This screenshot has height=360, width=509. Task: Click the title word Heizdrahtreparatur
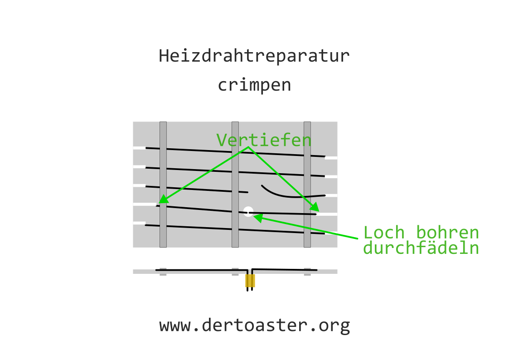[254, 56]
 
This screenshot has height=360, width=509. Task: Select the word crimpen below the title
[254, 85]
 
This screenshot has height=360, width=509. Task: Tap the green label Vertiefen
[264, 140]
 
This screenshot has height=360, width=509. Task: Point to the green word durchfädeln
[421, 248]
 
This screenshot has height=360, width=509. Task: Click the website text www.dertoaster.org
[254, 325]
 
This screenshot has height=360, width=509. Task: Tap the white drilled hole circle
[248, 211]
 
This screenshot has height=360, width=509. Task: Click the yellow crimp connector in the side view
[250, 281]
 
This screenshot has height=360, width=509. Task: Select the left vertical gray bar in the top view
[163, 184]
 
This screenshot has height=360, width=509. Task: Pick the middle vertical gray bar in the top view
[235, 184]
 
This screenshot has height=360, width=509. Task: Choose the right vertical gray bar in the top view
[307, 184]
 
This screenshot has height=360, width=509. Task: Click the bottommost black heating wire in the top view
[204, 228]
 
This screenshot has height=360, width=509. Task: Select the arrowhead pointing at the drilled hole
[257, 218]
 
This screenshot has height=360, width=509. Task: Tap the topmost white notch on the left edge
[139, 148]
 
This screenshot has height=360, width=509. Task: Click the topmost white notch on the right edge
[331, 158]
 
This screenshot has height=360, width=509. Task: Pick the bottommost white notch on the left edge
[139, 223]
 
